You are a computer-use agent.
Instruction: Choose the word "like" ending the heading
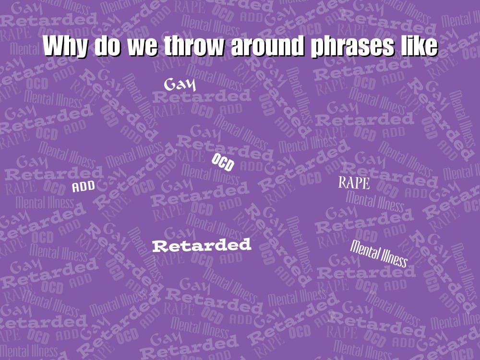pyautogui.click(x=419, y=46)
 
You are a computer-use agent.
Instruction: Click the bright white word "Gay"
pyautogui.click(x=180, y=85)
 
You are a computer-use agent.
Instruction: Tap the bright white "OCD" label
pyautogui.click(x=223, y=163)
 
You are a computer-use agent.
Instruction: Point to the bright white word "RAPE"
pyautogui.click(x=354, y=183)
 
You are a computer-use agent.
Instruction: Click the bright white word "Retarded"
pyautogui.click(x=202, y=245)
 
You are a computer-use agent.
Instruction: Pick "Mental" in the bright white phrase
pyautogui.click(x=364, y=249)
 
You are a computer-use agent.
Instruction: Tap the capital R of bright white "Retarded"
pyautogui.click(x=159, y=247)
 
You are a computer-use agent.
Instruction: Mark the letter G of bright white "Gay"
pyautogui.click(x=170, y=84)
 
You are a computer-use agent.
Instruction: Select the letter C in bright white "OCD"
pyautogui.click(x=223, y=163)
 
